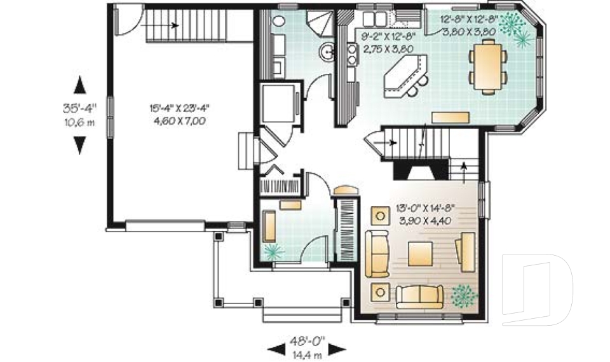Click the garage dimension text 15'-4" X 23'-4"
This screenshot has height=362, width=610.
[175, 108]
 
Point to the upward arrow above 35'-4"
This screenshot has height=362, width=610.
[79, 85]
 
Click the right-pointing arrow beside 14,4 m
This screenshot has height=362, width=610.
[336, 349]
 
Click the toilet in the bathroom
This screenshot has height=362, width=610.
[278, 19]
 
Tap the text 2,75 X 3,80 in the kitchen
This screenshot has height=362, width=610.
[388, 48]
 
